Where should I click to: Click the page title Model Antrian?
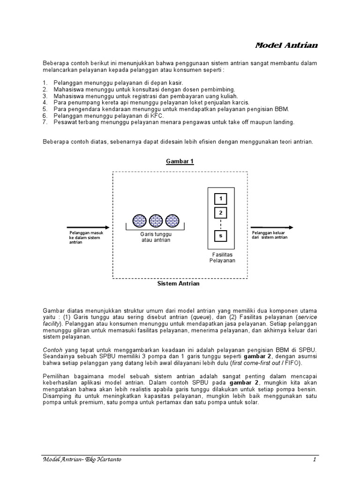tap(286, 45)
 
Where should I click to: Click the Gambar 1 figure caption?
tap(180, 161)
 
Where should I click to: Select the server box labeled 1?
tap(220, 199)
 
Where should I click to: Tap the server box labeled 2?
tap(220, 213)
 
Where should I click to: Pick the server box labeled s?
tap(220, 236)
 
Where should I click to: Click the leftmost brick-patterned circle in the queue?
tap(140, 220)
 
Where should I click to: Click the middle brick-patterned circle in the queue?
tap(156, 220)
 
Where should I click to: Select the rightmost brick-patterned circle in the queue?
tap(171, 220)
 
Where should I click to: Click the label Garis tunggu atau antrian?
tap(156, 237)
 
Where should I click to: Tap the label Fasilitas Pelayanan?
tap(222, 257)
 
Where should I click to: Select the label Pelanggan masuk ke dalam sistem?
tap(86, 237)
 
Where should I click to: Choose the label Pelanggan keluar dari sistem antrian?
tap(270, 235)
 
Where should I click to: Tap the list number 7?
tap(45, 122)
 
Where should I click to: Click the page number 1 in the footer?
tap(315, 459)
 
